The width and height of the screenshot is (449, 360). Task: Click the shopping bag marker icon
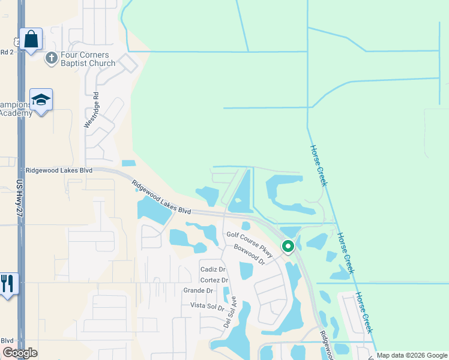click(x=31, y=40)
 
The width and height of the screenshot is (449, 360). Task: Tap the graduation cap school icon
click(x=41, y=100)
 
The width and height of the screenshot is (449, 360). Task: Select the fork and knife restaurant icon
click(x=7, y=283)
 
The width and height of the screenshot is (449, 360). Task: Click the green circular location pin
click(x=288, y=246)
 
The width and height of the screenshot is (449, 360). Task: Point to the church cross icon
click(x=51, y=58)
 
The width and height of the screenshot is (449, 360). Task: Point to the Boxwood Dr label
click(x=249, y=254)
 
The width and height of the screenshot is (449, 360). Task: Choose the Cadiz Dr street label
click(x=212, y=269)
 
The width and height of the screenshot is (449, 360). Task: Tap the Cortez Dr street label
click(x=214, y=280)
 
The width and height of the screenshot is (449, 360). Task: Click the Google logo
click(x=20, y=353)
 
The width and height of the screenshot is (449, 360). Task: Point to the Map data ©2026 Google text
click(x=412, y=355)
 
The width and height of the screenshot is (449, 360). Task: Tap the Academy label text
click(x=17, y=113)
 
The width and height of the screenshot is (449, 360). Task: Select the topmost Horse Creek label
click(x=318, y=165)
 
